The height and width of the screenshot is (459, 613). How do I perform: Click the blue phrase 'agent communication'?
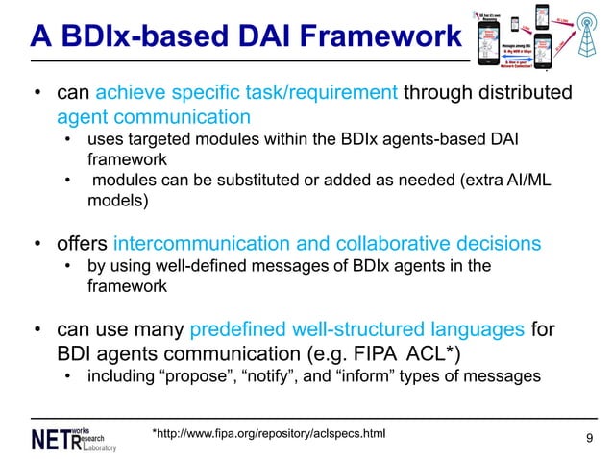[154, 116]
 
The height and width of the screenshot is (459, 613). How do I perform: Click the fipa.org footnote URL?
[268, 434]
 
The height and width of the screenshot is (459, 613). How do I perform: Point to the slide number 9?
[589, 439]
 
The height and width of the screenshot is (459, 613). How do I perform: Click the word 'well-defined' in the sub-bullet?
[180, 265]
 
